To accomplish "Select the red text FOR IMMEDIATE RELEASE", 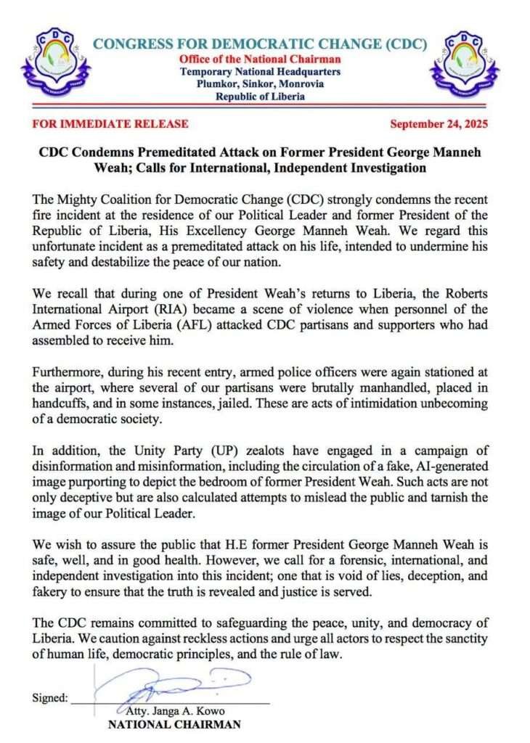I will (110, 124).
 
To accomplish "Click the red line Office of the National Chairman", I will (260, 59).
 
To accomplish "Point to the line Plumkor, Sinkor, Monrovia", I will (260, 85).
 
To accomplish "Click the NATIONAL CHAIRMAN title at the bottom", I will (174, 723).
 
